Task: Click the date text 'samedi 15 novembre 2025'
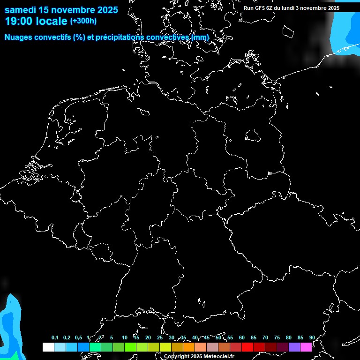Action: tap(61, 9)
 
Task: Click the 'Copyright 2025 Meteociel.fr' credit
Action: tap(199, 357)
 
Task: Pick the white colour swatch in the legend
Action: tap(48, 347)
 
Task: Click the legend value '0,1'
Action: tap(55, 338)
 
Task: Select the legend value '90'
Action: tap(312, 338)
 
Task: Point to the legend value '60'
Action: tap(241, 338)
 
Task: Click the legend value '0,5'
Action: tap(78, 338)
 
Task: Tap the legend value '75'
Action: tap(277, 338)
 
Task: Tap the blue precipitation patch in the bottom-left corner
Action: tap(9, 328)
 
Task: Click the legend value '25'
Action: tap(159, 338)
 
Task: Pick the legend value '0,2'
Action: tap(67, 338)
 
